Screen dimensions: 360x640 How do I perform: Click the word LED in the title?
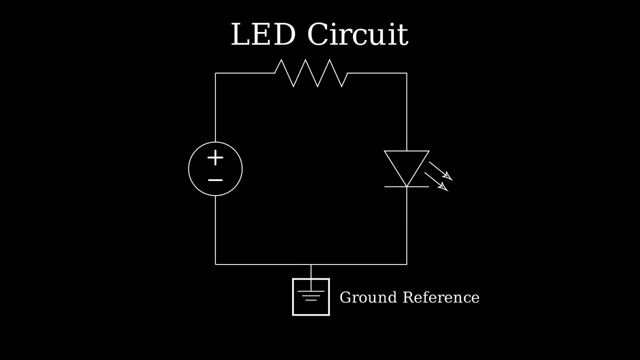coord(263,35)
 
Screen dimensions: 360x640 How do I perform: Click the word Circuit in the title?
coord(357,35)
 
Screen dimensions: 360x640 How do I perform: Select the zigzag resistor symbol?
coord(311,73)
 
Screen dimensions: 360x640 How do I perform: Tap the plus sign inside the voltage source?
coord(215,158)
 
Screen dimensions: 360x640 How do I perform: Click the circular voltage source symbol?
coord(215,169)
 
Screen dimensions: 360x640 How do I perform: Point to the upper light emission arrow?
coord(441,171)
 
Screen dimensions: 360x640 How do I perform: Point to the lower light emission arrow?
coord(436,182)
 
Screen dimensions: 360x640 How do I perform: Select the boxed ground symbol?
coord(311,297)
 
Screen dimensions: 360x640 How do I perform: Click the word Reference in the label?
coord(441,297)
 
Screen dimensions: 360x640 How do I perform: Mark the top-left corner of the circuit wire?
coord(215,73)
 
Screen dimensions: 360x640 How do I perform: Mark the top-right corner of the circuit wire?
coord(406,73)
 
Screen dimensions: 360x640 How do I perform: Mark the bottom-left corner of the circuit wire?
coord(215,264)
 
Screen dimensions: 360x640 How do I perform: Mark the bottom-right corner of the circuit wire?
coord(406,264)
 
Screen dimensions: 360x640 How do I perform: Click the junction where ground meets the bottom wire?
coord(311,264)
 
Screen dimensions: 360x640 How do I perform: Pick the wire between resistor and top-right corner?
coord(377,73)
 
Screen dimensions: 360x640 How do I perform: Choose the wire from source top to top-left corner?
coord(215,107)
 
